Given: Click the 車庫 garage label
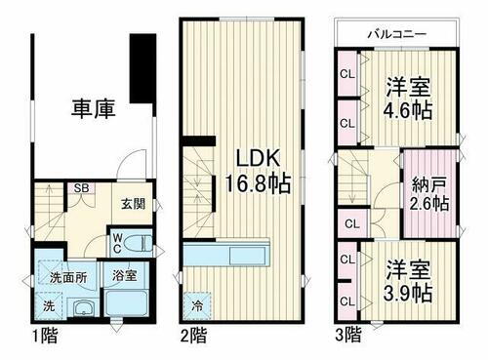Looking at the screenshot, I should point(93,109).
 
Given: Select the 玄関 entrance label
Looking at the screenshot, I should point(133,204).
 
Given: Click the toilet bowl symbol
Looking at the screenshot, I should point(141,241).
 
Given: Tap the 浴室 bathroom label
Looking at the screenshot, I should point(124,277).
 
